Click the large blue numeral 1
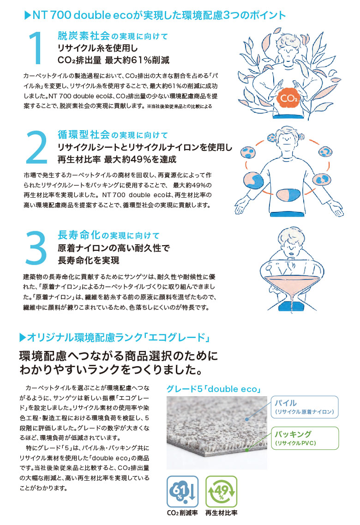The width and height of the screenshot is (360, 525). click(36, 48)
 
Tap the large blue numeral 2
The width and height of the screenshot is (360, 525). click(36, 147)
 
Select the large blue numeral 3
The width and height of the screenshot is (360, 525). click(36, 247)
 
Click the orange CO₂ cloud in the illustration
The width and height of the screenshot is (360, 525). click(288, 97)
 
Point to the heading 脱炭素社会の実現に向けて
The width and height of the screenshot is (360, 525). click(113, 36)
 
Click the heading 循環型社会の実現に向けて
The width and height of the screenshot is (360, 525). click(113, 135)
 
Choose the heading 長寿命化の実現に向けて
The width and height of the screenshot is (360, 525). click(108, 235)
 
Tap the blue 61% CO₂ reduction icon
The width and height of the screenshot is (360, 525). click(183, 491)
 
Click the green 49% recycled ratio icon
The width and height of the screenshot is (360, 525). click(221, 491)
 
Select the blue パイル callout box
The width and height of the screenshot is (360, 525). click(305, 407)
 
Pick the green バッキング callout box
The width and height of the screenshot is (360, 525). click(305, 438)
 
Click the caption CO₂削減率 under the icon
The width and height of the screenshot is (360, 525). click(182, 513)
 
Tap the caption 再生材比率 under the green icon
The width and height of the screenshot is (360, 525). click(221, 513)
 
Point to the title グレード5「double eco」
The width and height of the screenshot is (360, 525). click(214, 389)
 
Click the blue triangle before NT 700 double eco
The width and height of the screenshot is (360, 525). click(28, 15)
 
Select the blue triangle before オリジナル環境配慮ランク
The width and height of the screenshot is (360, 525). click(23, 338)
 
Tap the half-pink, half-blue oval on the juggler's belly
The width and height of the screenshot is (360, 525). click(288, 195)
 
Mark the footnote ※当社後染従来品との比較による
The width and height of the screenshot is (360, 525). click(180, 107)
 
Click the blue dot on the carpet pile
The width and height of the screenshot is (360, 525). click(246, 419)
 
